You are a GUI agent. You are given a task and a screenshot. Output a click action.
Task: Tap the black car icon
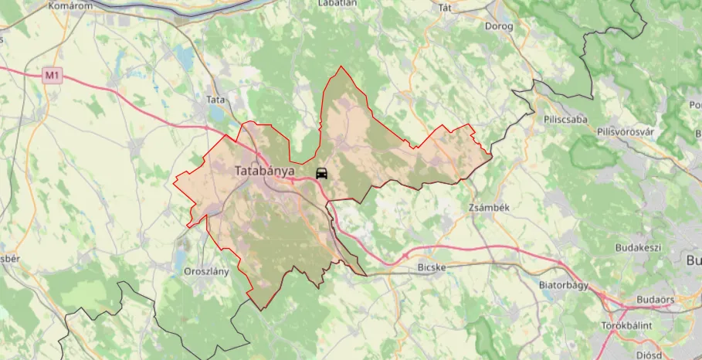pyautogui.click(x=322, y=173)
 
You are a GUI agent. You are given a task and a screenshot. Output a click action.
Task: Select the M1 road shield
pyautogui.click(x=52, y=75)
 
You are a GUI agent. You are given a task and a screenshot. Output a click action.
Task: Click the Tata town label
pyautogui.click(x=215, y=100)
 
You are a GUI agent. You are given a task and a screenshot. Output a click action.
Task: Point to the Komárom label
pyautogui.click(x=70, y=5)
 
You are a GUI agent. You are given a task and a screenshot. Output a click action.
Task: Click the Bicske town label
pyautogui.click(x=432, y=267)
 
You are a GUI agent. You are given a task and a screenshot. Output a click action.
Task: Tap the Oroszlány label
pyautogui.click(x=207, y=272)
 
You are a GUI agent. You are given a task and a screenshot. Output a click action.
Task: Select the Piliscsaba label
pyautogui.click(x=565, y=120)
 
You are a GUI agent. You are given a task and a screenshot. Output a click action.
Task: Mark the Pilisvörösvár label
pyautogui.click(x=626, y=131)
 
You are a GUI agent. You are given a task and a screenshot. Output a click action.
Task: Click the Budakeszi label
pyautogui.click(x=638, y=247)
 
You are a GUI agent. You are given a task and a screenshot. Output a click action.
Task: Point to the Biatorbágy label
pyautogui.click(x=564, y=285)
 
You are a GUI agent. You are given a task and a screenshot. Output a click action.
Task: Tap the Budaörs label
pyautogui.click(x=656, y=299)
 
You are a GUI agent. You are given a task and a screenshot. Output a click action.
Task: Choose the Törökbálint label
pyautogui.click(x=626, y=325)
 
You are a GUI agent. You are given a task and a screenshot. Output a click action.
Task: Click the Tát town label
pyautogui.click(x=444, y=8)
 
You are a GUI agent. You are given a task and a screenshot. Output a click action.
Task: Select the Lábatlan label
pyautogui.click(x=337, y=3)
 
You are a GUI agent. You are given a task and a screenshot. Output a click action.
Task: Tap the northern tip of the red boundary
pyautogui.click(x=341, y=67)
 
